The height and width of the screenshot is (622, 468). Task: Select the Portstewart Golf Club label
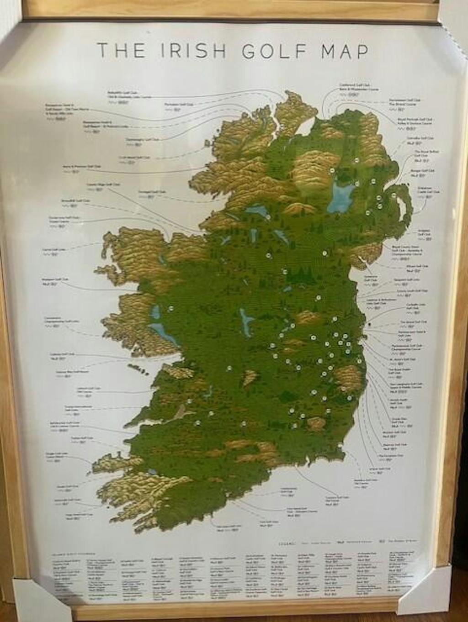point(405,100)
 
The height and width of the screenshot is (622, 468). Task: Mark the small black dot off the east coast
point(369,325)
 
